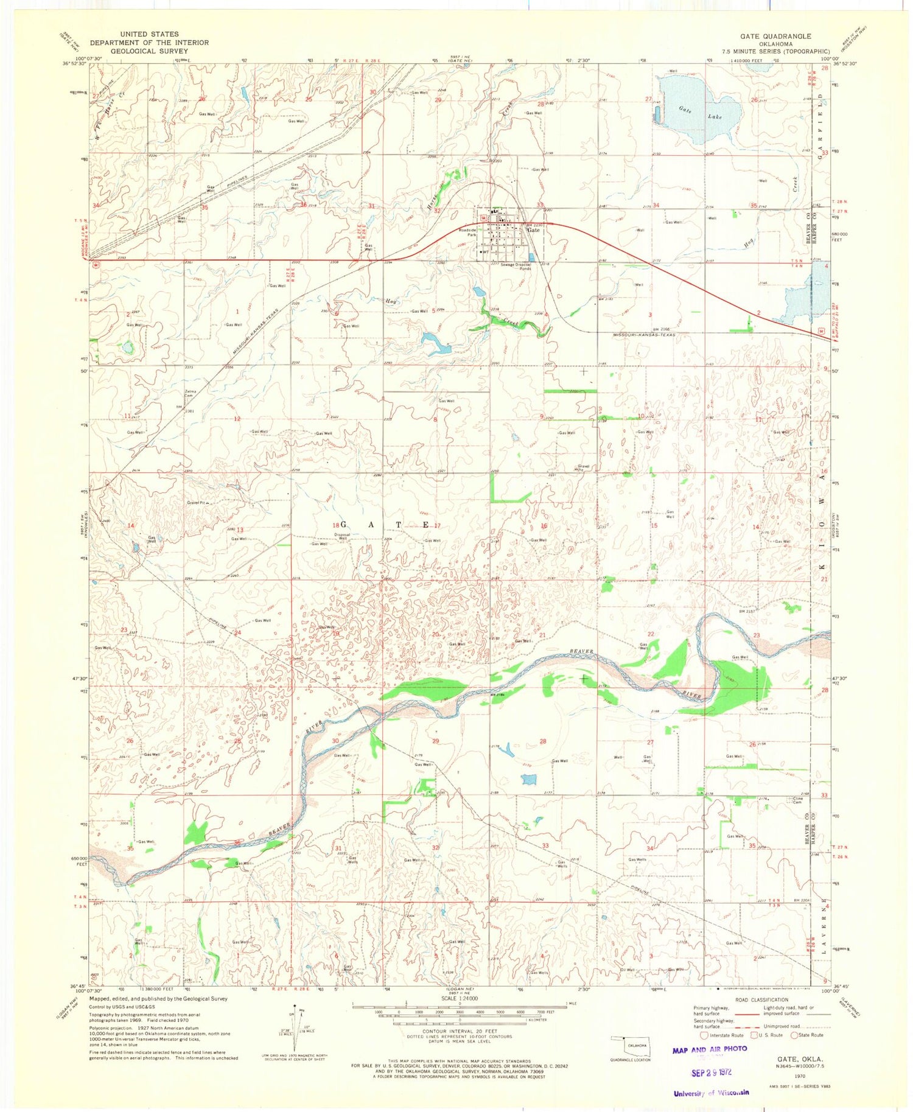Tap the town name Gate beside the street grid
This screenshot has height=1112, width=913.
[x=533, y=231]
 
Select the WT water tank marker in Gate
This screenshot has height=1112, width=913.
[x=484, y=251]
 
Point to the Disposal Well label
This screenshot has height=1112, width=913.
[x=343, y=536]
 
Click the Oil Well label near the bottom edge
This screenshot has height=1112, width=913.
[x=627, y=970]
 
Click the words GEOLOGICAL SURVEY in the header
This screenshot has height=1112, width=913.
[x=149, y=51]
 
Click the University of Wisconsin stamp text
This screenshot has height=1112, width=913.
[x=711, y=1093]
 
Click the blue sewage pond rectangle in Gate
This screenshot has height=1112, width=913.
[x=531, y=257]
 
